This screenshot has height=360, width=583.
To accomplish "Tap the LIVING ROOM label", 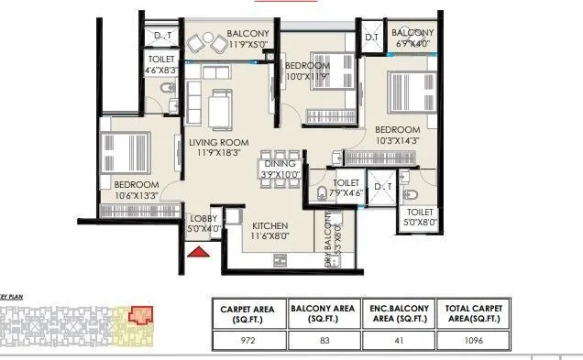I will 219,143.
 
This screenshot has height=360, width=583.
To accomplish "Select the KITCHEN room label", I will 270,226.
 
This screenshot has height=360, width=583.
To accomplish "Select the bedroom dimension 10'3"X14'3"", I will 398,140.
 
